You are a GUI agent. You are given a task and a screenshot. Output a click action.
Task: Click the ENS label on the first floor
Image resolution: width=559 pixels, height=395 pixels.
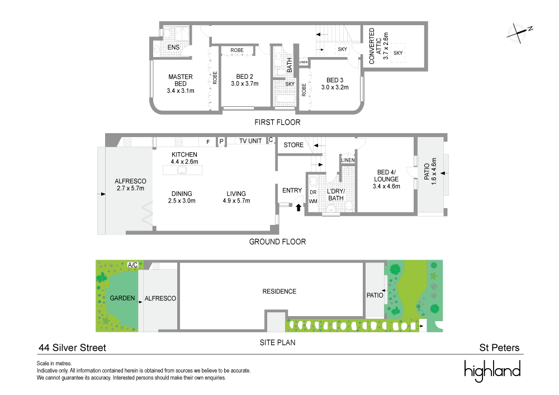click(173, 48)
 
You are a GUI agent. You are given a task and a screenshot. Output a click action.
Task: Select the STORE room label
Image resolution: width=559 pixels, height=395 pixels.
click(293, 145)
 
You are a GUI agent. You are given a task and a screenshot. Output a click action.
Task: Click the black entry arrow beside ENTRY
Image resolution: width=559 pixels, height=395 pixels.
click(299, 207)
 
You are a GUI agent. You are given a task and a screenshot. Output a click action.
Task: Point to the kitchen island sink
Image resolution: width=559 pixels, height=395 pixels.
click(181, 170)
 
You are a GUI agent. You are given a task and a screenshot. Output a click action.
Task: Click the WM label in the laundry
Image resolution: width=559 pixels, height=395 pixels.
click(313, 200)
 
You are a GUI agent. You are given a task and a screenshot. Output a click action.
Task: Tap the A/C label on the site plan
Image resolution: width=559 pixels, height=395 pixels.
click(132, 265)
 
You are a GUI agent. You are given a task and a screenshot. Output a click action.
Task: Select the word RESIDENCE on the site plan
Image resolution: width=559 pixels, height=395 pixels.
click(279, 291)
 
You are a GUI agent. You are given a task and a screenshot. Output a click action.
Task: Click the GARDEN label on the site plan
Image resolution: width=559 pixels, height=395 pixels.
click(122, 298)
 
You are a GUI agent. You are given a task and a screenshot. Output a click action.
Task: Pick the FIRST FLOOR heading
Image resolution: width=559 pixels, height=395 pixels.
click(277, 122)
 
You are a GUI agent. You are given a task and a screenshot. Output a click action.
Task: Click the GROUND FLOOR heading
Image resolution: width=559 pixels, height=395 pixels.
click(278, 242)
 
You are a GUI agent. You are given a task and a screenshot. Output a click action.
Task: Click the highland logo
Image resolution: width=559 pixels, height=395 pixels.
click(492, 371)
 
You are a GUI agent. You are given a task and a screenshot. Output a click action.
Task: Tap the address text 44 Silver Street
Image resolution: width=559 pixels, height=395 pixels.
click(72, 347)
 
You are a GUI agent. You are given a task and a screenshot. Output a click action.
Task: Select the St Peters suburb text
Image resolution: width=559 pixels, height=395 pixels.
click(499, 347)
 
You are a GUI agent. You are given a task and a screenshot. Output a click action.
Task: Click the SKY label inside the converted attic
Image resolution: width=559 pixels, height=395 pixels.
click(398, 53)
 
